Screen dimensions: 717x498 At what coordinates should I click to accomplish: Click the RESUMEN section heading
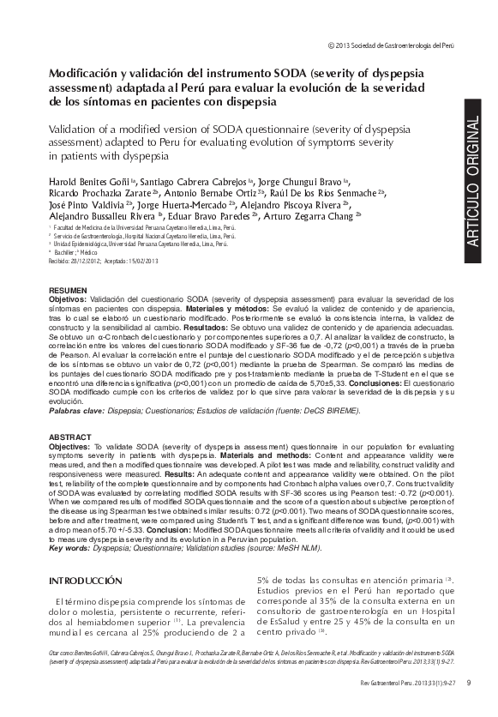(68, 291)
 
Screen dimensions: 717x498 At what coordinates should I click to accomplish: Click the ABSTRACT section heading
(69, 437)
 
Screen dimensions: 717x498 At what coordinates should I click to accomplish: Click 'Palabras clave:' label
(75, 411)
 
